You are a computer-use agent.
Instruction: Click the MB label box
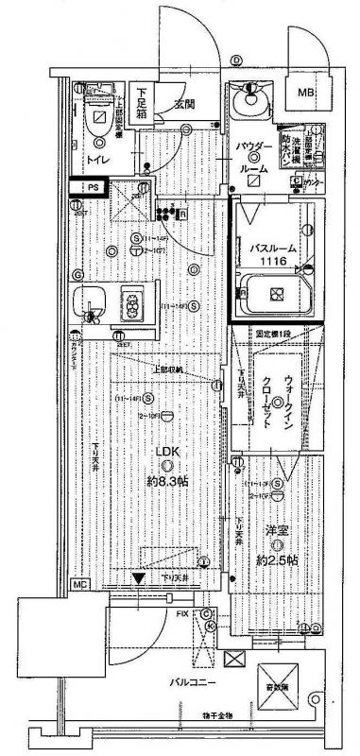coord(307,92)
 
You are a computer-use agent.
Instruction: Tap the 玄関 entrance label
coord(184,104)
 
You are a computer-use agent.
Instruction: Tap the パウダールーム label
coord(254,160)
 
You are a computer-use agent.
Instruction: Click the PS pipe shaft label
coord(92,188)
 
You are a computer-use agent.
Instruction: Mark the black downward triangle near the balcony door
coord(139,579)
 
